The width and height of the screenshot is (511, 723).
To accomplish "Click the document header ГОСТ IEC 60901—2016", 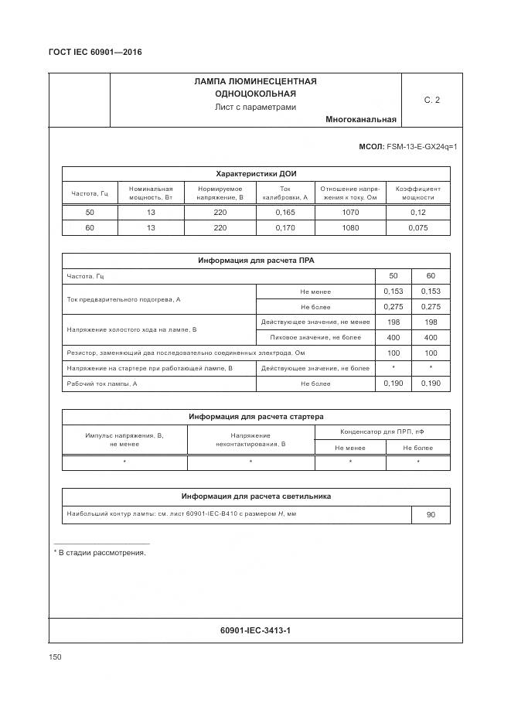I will [x=94, y=52].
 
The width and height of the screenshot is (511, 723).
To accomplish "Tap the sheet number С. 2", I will [x=431, y=100].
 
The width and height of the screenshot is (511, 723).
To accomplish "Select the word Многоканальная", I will [x=361, y=120].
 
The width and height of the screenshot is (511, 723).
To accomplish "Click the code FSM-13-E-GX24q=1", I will [x=422, y=146].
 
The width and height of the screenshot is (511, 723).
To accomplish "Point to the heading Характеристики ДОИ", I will [x=256, y=174].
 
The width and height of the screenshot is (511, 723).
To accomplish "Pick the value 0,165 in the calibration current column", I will [x=285, y=213].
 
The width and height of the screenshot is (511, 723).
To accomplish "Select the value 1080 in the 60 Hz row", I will [x=350, y=228].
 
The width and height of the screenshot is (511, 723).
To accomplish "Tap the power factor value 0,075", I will [x=418, y=228].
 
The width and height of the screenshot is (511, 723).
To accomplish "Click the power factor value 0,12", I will [x=418, y=213].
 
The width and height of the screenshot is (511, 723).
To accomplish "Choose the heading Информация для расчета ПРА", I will [x=256, y=261].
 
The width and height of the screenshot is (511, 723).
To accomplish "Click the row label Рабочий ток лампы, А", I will [x=102, y=384].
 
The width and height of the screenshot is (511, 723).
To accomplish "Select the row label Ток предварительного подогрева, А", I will [x=124, y=299].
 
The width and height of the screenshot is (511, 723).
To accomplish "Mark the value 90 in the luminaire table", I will [x=431, y=515].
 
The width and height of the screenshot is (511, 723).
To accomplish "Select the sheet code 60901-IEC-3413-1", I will [x=255, y=630].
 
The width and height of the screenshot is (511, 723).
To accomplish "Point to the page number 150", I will [x=55, y=656].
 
